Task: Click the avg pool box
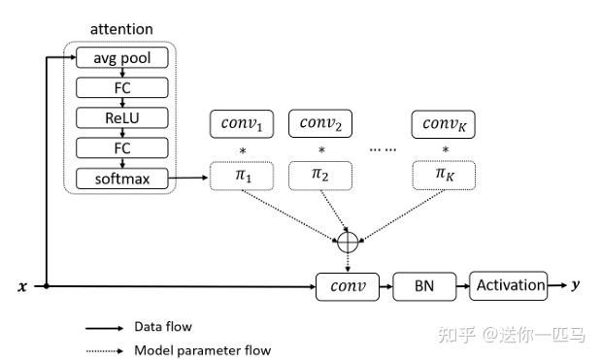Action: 121,58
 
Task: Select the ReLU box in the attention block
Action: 121,117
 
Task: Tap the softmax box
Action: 121,178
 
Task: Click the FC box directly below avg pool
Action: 121,88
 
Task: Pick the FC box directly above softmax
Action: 121,147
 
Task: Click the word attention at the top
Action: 121,30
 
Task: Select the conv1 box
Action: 242,124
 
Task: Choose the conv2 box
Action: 321,124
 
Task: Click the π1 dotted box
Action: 242,175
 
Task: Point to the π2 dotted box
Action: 321,175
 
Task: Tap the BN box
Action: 423,286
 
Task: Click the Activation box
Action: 508,285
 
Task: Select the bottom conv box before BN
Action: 348,286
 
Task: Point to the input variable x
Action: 22,287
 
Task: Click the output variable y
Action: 576,285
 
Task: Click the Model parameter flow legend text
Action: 202,350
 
